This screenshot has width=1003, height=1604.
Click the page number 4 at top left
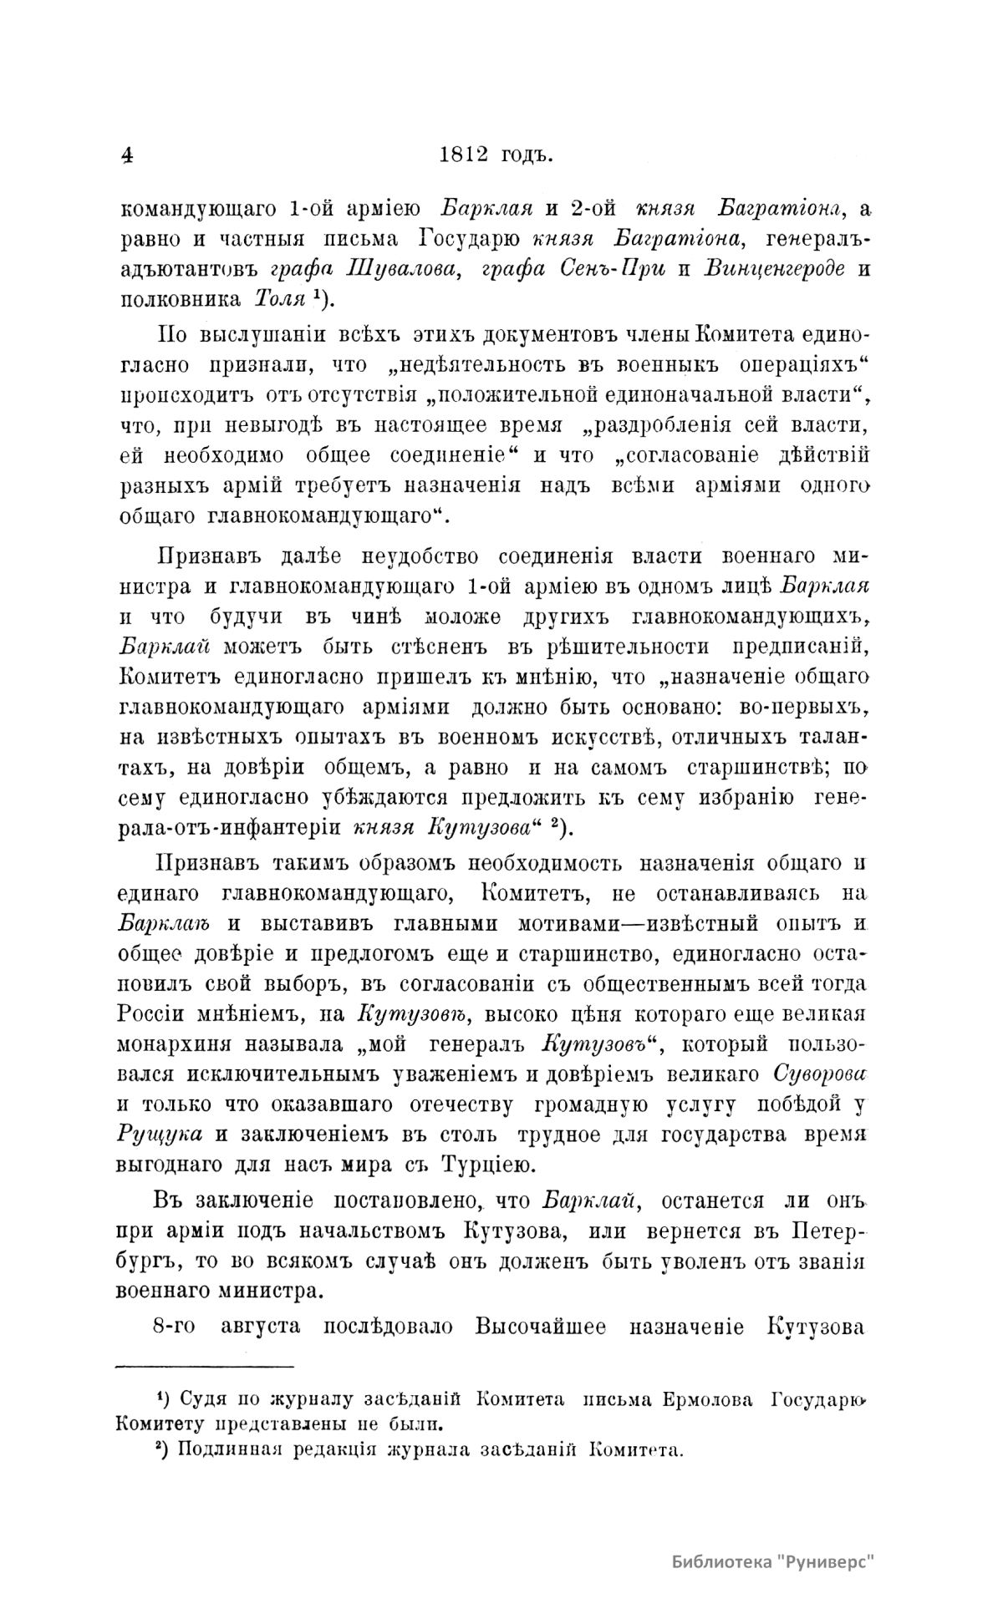pyautogui.click(x=126, y=156)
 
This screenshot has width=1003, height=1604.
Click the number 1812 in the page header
pyautogui.click(x=468, y=155)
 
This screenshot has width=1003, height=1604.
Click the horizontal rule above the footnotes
pyautogui.click(x=203, y=1367)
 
